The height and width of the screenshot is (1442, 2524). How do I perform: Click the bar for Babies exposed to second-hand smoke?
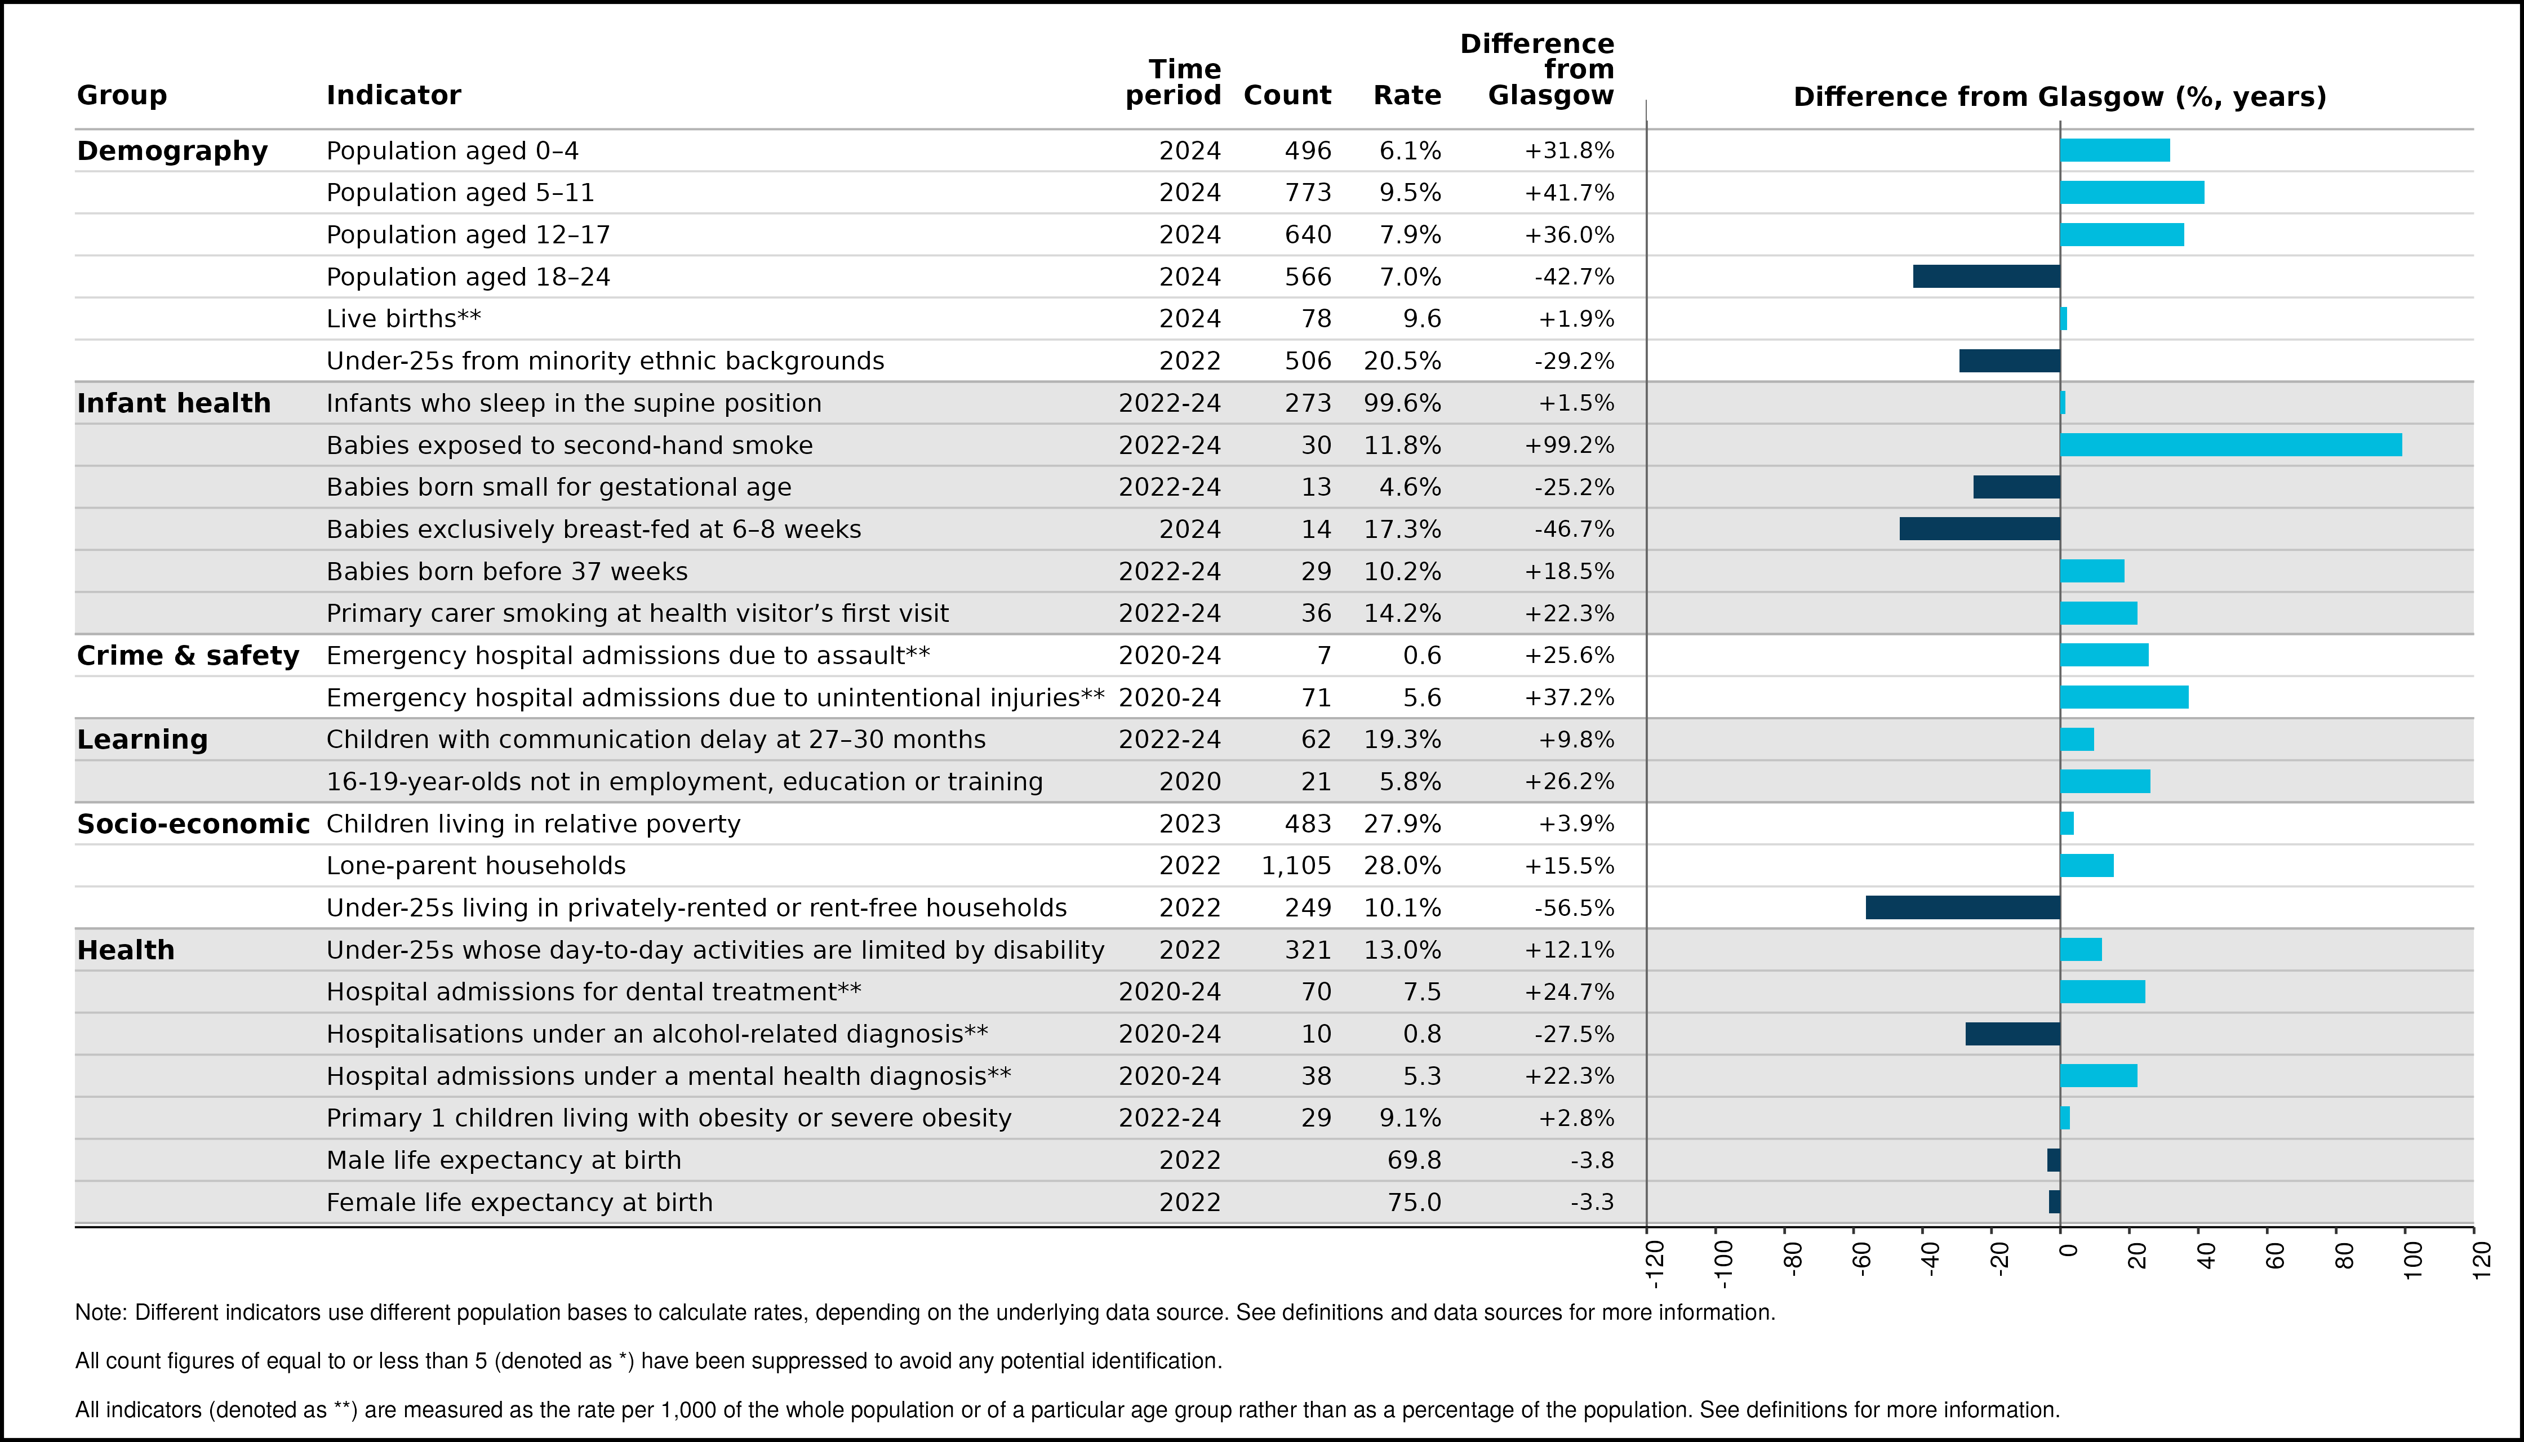(x=2231, y=444)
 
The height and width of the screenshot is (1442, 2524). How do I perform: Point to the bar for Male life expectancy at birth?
(x=2054, y=1160)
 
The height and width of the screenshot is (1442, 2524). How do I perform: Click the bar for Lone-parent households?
(x=2087, y=866)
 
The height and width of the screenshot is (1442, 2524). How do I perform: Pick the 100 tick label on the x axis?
(x=2413, y=1259)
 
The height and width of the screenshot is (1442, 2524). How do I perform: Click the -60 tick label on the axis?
(x=1862, y=1259)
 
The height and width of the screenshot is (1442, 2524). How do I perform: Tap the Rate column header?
(x=1407, y=95)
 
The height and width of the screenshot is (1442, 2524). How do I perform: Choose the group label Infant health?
(x=174, y=403)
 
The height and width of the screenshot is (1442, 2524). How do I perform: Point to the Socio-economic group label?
(x=193, y=824)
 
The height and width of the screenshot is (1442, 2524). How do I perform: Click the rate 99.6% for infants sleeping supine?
(x=1403, y=403)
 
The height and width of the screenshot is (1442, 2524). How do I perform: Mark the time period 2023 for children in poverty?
(x=1190, y=824)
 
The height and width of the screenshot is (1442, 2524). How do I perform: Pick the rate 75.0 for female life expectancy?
(x=1415, y=1203)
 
